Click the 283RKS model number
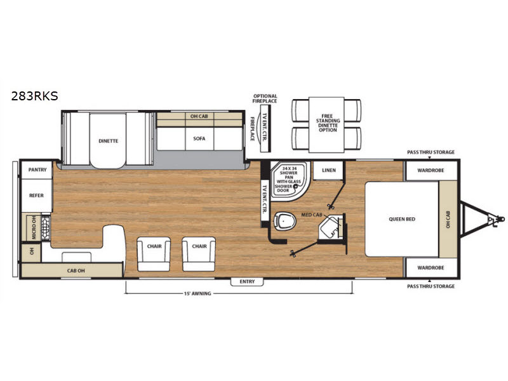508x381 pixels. tap(35, 96)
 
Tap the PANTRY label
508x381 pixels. tap(37, 170)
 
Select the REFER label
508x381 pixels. tap(36, 196)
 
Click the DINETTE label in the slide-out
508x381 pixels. tap(108, 141)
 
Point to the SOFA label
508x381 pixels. tap(199, 138)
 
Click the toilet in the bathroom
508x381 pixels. tap(284, 221)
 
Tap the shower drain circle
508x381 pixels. tap(295, 187)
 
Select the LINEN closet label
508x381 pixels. tap(329, 170)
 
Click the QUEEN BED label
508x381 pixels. tap(402, 219)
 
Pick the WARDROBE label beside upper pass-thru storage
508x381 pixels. tap(431, 170)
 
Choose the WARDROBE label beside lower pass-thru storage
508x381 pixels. tap(431, 267)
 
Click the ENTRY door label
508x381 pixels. tap(247, 281)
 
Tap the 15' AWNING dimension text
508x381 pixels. tap(197, 293)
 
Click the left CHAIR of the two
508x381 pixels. tap(154, 246)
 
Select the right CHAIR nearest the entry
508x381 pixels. tap(199, 246)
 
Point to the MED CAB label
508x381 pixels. tap(312, 215)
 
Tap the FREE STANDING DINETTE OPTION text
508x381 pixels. tap(328, 123)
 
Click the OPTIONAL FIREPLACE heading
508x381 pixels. tap(265, 98)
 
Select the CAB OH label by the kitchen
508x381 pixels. tap(76, 271)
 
